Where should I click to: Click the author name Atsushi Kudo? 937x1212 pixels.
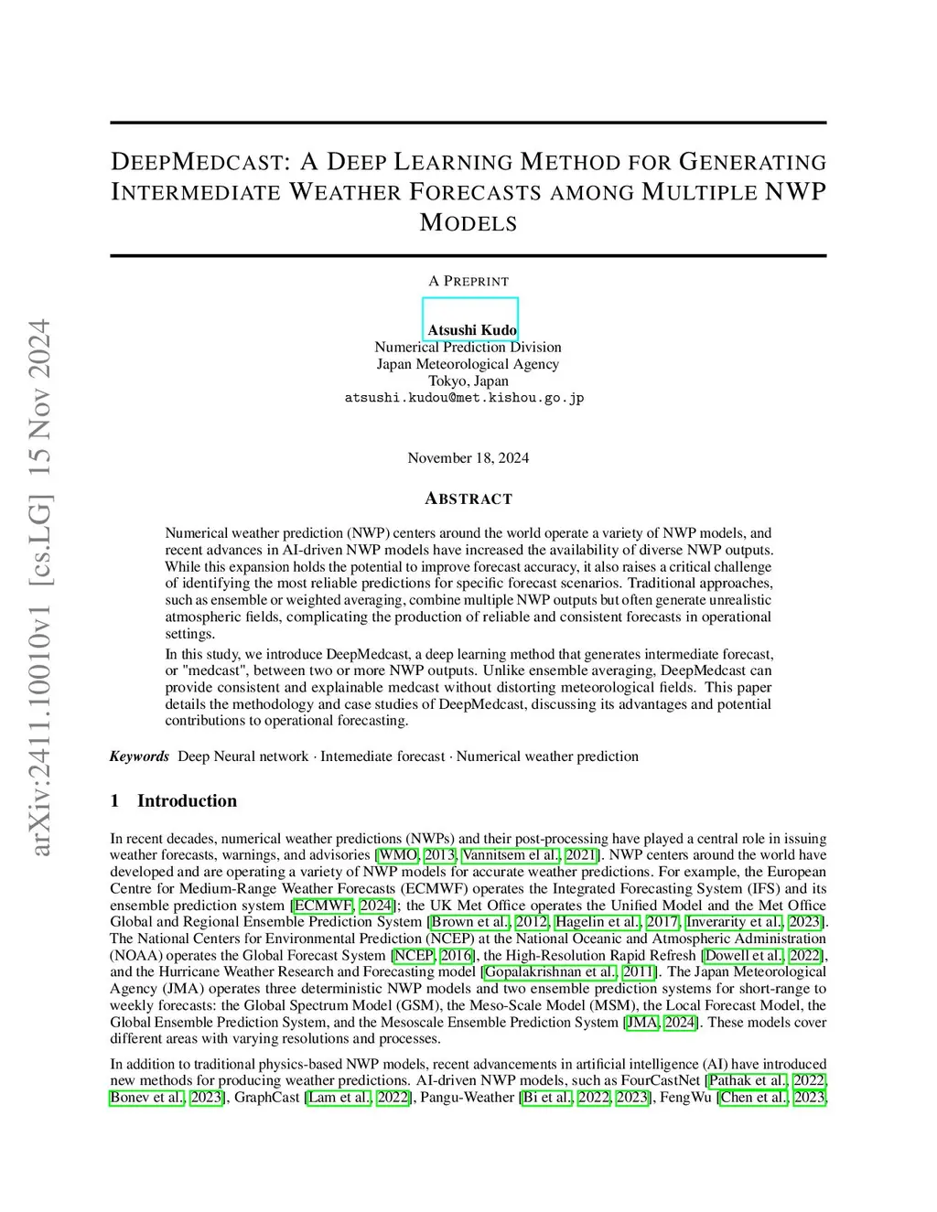pyautogui.click(x=471, y=330)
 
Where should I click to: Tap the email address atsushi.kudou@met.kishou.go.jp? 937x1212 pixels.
pyautogui.click(x=464, y=398)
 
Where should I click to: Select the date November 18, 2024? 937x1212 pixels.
pyautogui.click(x=468, y=457)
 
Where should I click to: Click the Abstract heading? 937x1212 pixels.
pyautogui.click(x=468, y=499)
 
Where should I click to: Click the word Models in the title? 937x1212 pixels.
pyautogui.click(x=468, y=223)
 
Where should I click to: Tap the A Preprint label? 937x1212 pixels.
pyautogui.click(x=468, y=281)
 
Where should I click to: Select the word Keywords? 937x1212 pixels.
pyautogui.click(x=139, y=756)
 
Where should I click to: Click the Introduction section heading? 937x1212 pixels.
pyautogui.click(x=187, y=801)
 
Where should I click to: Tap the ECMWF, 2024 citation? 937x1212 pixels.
pyautogui.click(x=343, y=906)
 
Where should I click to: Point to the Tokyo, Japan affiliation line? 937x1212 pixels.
pyautogui.click(x=468, y=381)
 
